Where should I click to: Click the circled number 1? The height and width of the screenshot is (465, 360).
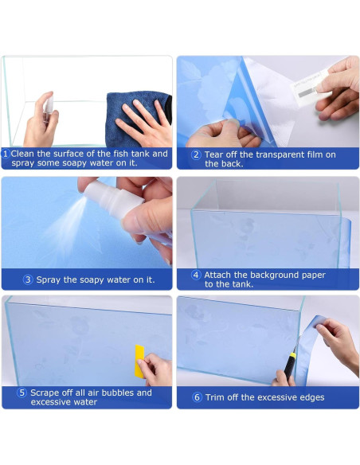(x=6, y=154)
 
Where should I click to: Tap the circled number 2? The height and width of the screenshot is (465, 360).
(x=196, y=154)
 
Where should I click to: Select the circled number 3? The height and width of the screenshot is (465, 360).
(x=28, y=279)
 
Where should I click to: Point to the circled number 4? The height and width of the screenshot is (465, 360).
(x=196, y=275)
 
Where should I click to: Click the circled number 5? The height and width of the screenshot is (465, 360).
(x=22, y=393)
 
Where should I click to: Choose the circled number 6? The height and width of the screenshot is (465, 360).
(x=197, y=397)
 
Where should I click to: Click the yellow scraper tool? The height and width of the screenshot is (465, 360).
(x=139, y=361)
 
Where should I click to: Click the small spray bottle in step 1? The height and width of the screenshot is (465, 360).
(x=48, y=107)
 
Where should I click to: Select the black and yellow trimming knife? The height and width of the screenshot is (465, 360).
(x=290, y=364)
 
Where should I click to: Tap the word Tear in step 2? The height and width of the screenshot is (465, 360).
(x=213, y=154)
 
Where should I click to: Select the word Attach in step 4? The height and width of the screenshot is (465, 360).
(x=217, y=275)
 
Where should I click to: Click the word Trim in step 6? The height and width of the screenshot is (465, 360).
(x=213, y=397)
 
